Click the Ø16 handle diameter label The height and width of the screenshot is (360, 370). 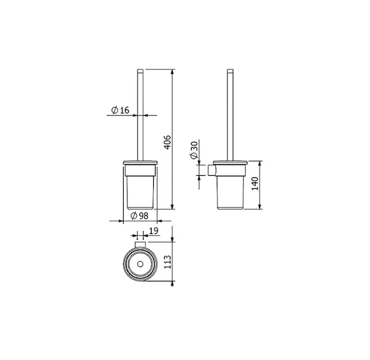coord(120,110)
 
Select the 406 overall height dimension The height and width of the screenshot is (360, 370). coord(168,142)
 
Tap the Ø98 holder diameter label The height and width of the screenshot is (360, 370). coord(139,215)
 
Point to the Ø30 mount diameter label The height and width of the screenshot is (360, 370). coord(194,150)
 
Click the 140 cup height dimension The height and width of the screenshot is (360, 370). coord(255,184)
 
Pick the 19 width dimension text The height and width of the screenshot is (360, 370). coord(154,231)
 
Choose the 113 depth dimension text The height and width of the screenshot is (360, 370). coord(168,262)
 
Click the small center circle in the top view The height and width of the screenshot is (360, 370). coord(141,264)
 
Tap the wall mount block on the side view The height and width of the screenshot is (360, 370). coord(211,170)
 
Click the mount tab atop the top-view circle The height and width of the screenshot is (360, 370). coord(140,244)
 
